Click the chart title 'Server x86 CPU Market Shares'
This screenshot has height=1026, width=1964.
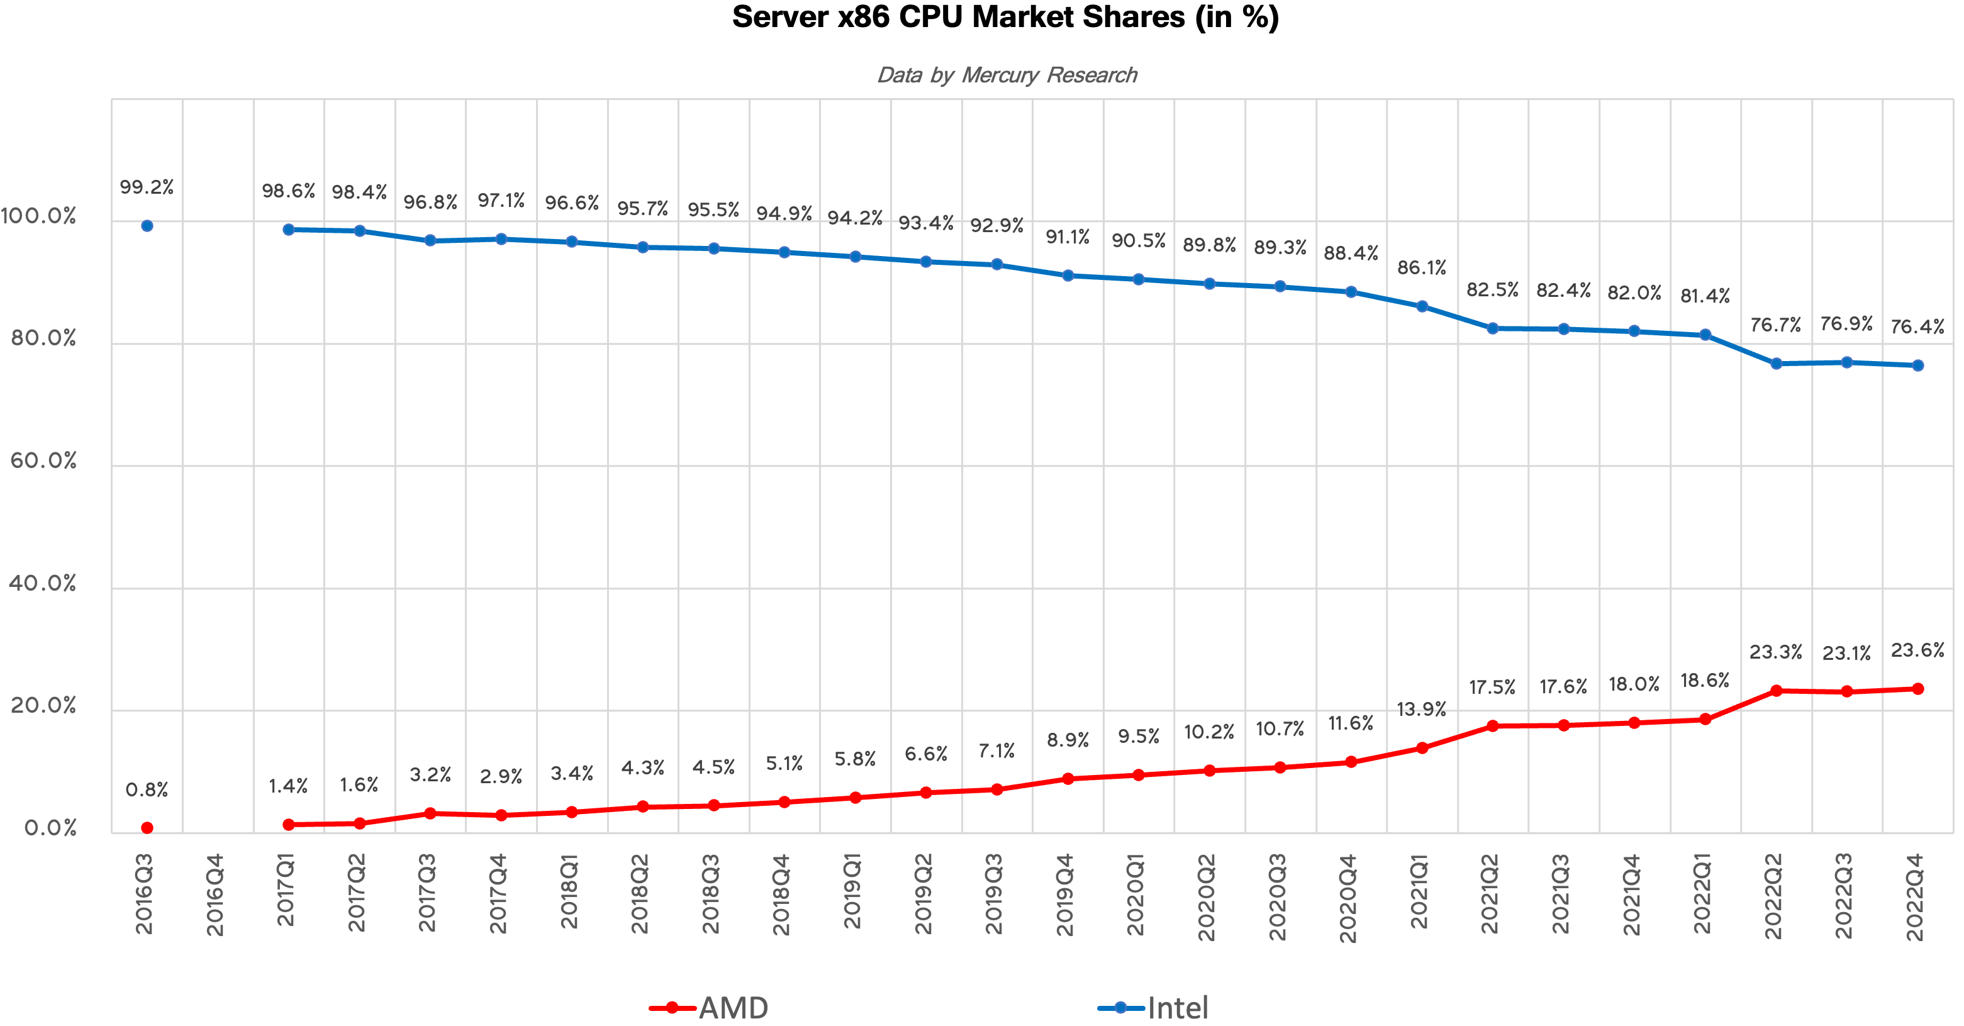tap(1005, 17)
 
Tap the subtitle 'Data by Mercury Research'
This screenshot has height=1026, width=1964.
tap(1007, 75)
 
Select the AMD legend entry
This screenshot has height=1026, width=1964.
tap(709, 1008)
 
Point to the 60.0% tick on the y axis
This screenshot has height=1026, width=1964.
tap(43, 461)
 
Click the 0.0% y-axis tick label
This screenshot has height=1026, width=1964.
tap(50, 828)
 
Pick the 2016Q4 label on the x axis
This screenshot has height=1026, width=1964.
tap(216, 894)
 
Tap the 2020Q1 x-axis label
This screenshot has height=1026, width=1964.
tap(1136, 894)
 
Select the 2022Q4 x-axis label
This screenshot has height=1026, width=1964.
tap(1915, 896)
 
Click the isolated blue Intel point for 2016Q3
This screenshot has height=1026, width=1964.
tap(147, 226)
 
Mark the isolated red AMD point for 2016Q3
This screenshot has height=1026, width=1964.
tap(147, 828)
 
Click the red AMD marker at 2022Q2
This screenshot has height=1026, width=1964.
tap(1776, 691)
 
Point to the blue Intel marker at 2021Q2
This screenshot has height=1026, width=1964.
tap(1492, 328)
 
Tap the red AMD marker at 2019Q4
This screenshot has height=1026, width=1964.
tap(1068, 779)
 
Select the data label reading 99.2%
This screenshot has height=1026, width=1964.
tap(147, 187)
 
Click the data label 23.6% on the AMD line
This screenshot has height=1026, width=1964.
tap(1917, 650)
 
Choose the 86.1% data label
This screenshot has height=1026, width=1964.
tap(1421, 267)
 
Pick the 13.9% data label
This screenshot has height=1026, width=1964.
tap(1421, 710)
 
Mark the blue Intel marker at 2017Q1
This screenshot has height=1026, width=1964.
tap(288, 230)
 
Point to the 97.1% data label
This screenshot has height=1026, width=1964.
tap(501, 201)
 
